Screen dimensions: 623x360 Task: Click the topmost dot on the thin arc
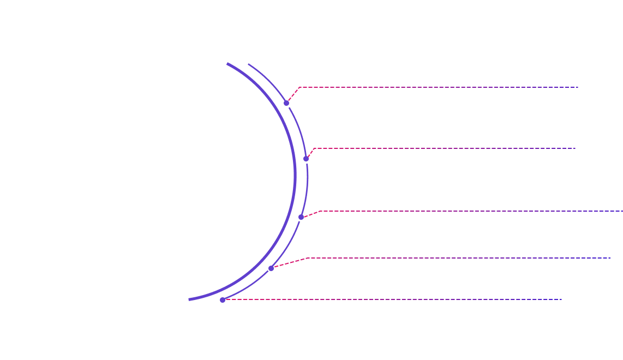[x=286, y=103]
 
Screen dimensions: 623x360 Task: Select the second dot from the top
[x=306, y=159]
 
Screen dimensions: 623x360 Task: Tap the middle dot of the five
[x=301, y=217]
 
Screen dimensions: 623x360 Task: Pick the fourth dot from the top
[x=271, y=268]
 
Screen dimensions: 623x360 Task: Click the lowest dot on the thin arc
[x=223, y=300]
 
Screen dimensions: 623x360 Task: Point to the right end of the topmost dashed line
[x=578, y=87]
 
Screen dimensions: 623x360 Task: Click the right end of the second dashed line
[x=576, y=148]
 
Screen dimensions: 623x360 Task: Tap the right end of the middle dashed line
[x=622, y=211]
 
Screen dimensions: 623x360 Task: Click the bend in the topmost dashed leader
[x=299, y=87]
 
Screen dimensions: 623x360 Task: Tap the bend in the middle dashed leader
[x=319, y=211]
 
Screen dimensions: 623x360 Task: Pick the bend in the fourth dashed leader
[x=308, y=258]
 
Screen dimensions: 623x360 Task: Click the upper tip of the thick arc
[x=227, y=64]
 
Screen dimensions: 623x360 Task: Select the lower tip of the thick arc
[x=189, y=299]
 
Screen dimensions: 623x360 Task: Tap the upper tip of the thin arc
[x=249, y=64]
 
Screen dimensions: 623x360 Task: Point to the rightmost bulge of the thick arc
[x=295, y=175]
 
